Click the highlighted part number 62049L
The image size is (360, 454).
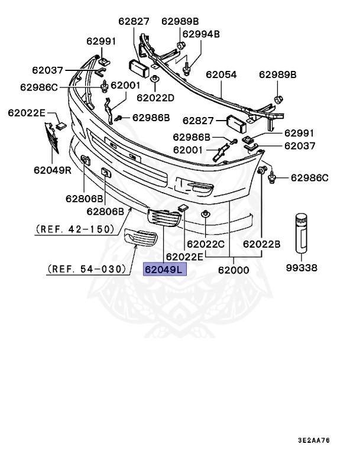tap(165, 270)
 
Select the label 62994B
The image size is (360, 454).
tap(200, 34)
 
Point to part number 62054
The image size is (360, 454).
tap(221, 75)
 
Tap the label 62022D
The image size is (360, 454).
tap(155, 97)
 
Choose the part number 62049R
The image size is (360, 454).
tap(53, 171)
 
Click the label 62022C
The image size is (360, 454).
tap(206, 243)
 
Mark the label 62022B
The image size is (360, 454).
tap(261, 243)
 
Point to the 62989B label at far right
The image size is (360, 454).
tap(277, 74)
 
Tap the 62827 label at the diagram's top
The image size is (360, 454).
tap(134, 22)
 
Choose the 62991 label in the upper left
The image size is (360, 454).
tap(101, 41)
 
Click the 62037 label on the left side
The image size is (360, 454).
tap(48, 70)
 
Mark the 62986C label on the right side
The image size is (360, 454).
tap(309, 177)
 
